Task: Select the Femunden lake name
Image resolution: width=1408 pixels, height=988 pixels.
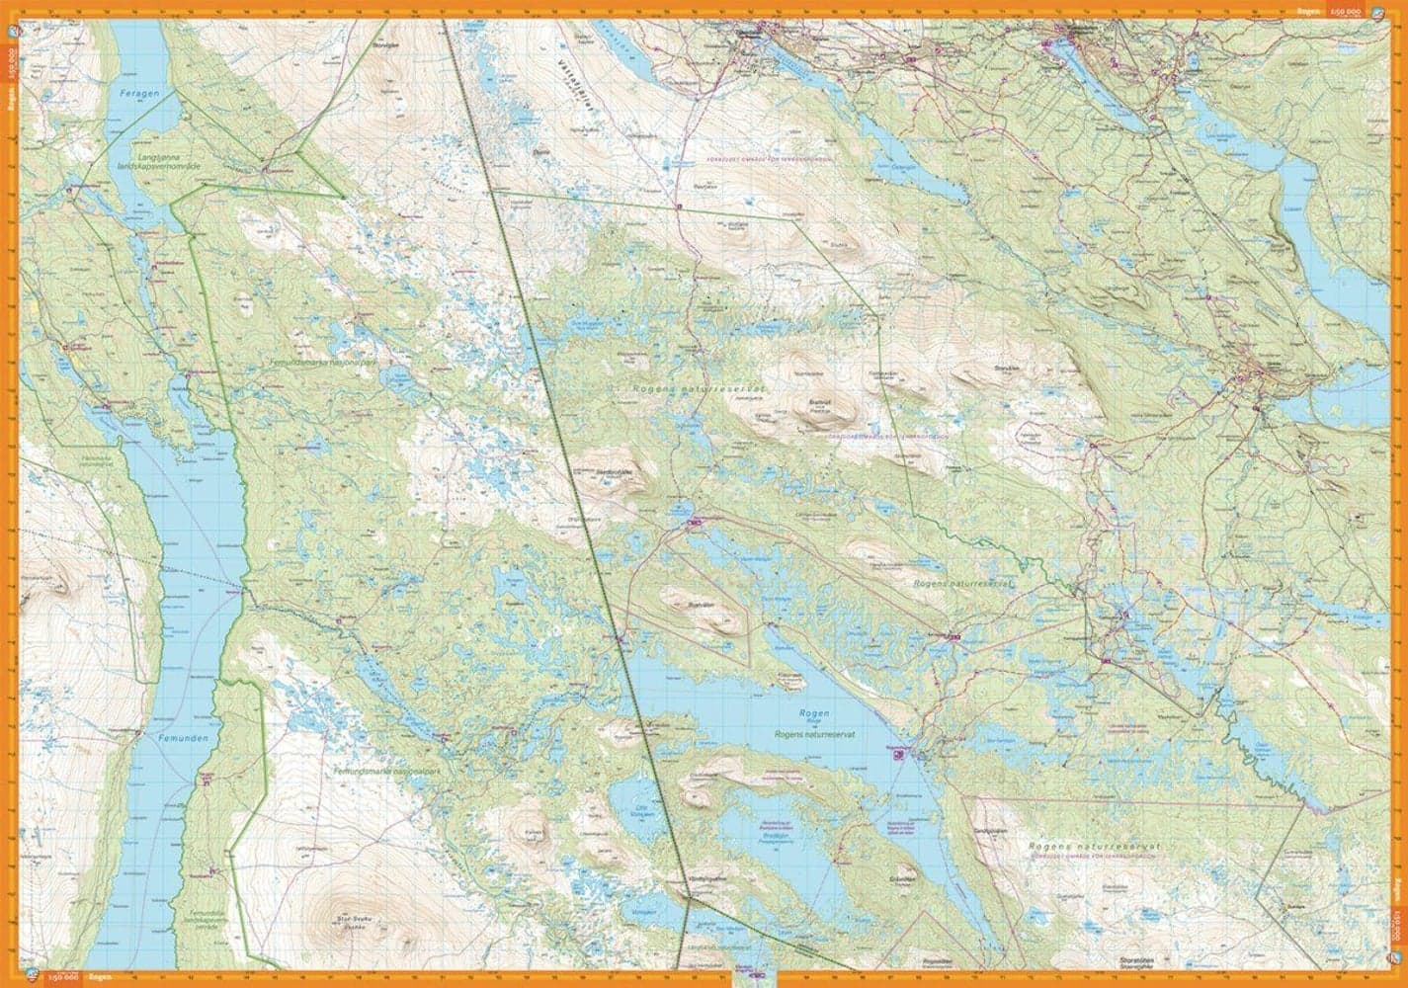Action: click(x=166, y=736)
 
